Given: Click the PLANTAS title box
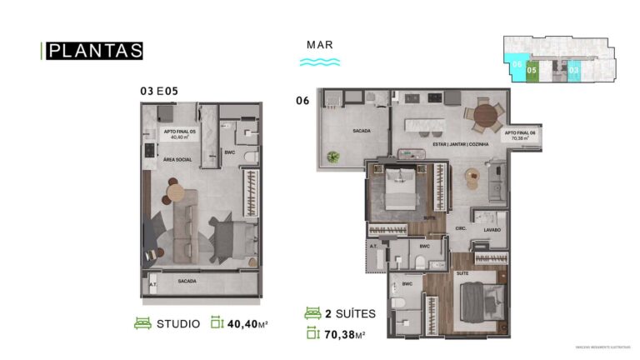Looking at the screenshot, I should click(94, 51).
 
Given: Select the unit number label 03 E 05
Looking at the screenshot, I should click(160, 92).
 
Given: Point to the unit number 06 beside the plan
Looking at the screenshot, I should click(302, 100).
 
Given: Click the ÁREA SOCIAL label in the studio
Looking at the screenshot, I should click(178, 157).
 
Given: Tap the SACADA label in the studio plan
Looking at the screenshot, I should click(187, 281).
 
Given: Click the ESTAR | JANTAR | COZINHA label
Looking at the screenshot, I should click(461, 144).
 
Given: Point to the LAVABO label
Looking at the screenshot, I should click(491, 230).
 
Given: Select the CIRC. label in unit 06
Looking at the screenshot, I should click(459, 227).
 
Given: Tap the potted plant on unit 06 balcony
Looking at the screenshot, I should click(333, 156).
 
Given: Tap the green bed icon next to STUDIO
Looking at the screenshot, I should click(142, 323).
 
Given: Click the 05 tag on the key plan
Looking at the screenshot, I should click(531, 71).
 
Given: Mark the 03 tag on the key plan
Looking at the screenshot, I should click(573, 71).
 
